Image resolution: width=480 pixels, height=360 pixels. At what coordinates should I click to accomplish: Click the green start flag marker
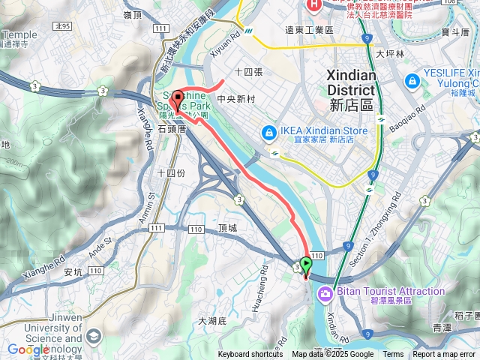tap(305, 265)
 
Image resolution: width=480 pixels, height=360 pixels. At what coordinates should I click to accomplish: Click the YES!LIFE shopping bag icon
tap(411, 80)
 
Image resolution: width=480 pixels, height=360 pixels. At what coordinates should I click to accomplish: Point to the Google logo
tap(28, 349)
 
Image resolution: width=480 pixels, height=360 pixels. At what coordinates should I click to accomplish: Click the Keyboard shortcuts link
tap(250, 355)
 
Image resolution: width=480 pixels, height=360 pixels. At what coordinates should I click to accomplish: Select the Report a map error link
tap(445, 355)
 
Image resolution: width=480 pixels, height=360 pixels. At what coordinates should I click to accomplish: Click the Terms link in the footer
tap(393, 355)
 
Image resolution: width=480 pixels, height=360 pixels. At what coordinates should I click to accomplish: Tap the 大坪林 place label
tap(390, 54)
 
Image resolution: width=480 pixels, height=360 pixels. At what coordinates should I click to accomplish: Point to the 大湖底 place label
tap(212, 320)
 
